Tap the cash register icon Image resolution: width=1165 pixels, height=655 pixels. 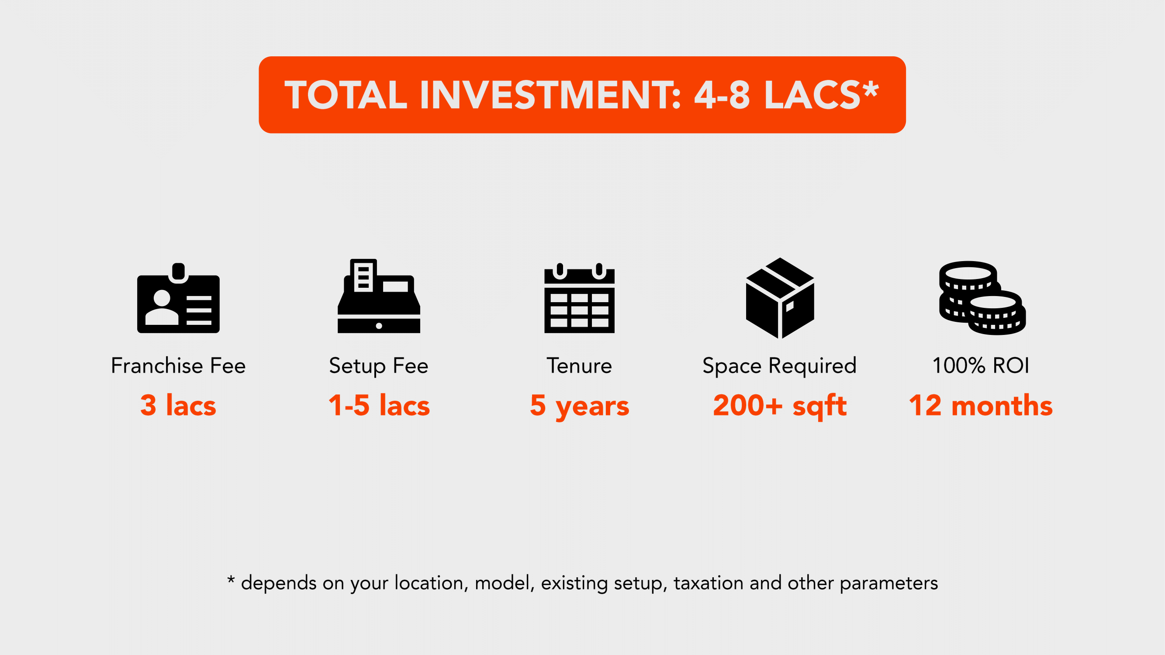click(x=379, y=296)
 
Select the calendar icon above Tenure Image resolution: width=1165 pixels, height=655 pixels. click(x=579, y=298)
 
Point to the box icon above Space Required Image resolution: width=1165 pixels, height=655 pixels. click(x=780, y=298)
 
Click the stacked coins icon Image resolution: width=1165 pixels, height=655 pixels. click(x=982, y=298)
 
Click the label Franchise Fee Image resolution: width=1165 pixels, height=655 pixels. click(x=178, y=365)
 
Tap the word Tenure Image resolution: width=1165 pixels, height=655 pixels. click(x=579, y=365)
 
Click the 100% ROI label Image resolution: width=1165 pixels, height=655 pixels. click(x=981, y=365)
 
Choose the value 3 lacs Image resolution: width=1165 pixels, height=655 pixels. click(x=178, y=405)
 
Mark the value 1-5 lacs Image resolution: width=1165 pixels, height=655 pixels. click(x=379, y=405)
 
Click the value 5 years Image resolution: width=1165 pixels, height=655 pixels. click(x=579, y=407)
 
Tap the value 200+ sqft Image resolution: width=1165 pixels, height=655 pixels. click(x=780, y=407)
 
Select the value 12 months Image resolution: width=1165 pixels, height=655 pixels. click(x=981, y=405)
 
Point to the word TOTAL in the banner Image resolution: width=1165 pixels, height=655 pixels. click(x=346, y=95)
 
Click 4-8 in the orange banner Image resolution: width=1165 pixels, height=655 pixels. click(x=722, y=95)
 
